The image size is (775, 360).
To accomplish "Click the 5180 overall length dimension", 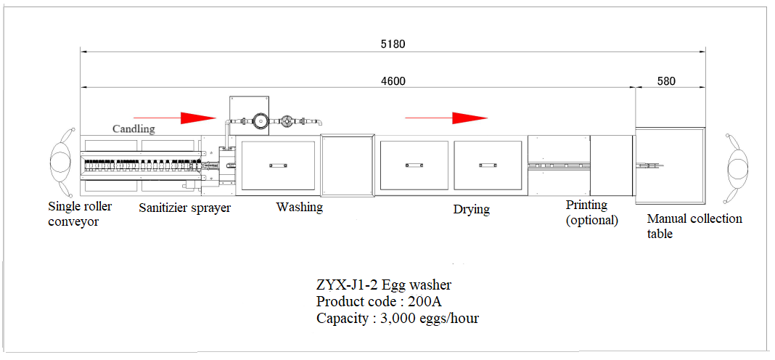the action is coord(393,44).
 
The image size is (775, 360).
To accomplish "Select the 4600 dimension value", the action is coord(393,81).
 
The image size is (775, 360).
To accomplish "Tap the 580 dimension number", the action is coord(667,81).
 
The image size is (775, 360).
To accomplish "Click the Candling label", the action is coord(134,129).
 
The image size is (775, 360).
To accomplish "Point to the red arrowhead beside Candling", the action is coord(199,118).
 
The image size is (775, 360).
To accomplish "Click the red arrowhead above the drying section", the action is coord(470,118).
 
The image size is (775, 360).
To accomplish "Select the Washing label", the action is coord(300,207).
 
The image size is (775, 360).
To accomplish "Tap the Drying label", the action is coord(472,209).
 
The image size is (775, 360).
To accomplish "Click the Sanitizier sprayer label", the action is coord(184,208).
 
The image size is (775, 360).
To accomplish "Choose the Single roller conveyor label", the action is coord(80,213).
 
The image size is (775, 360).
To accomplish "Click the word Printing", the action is coord(586,205).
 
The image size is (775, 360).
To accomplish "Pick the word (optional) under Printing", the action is coord(591,220).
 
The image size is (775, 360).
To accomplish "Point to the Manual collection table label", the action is coord(694,226).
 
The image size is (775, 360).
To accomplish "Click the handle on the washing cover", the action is coord(278,165).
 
